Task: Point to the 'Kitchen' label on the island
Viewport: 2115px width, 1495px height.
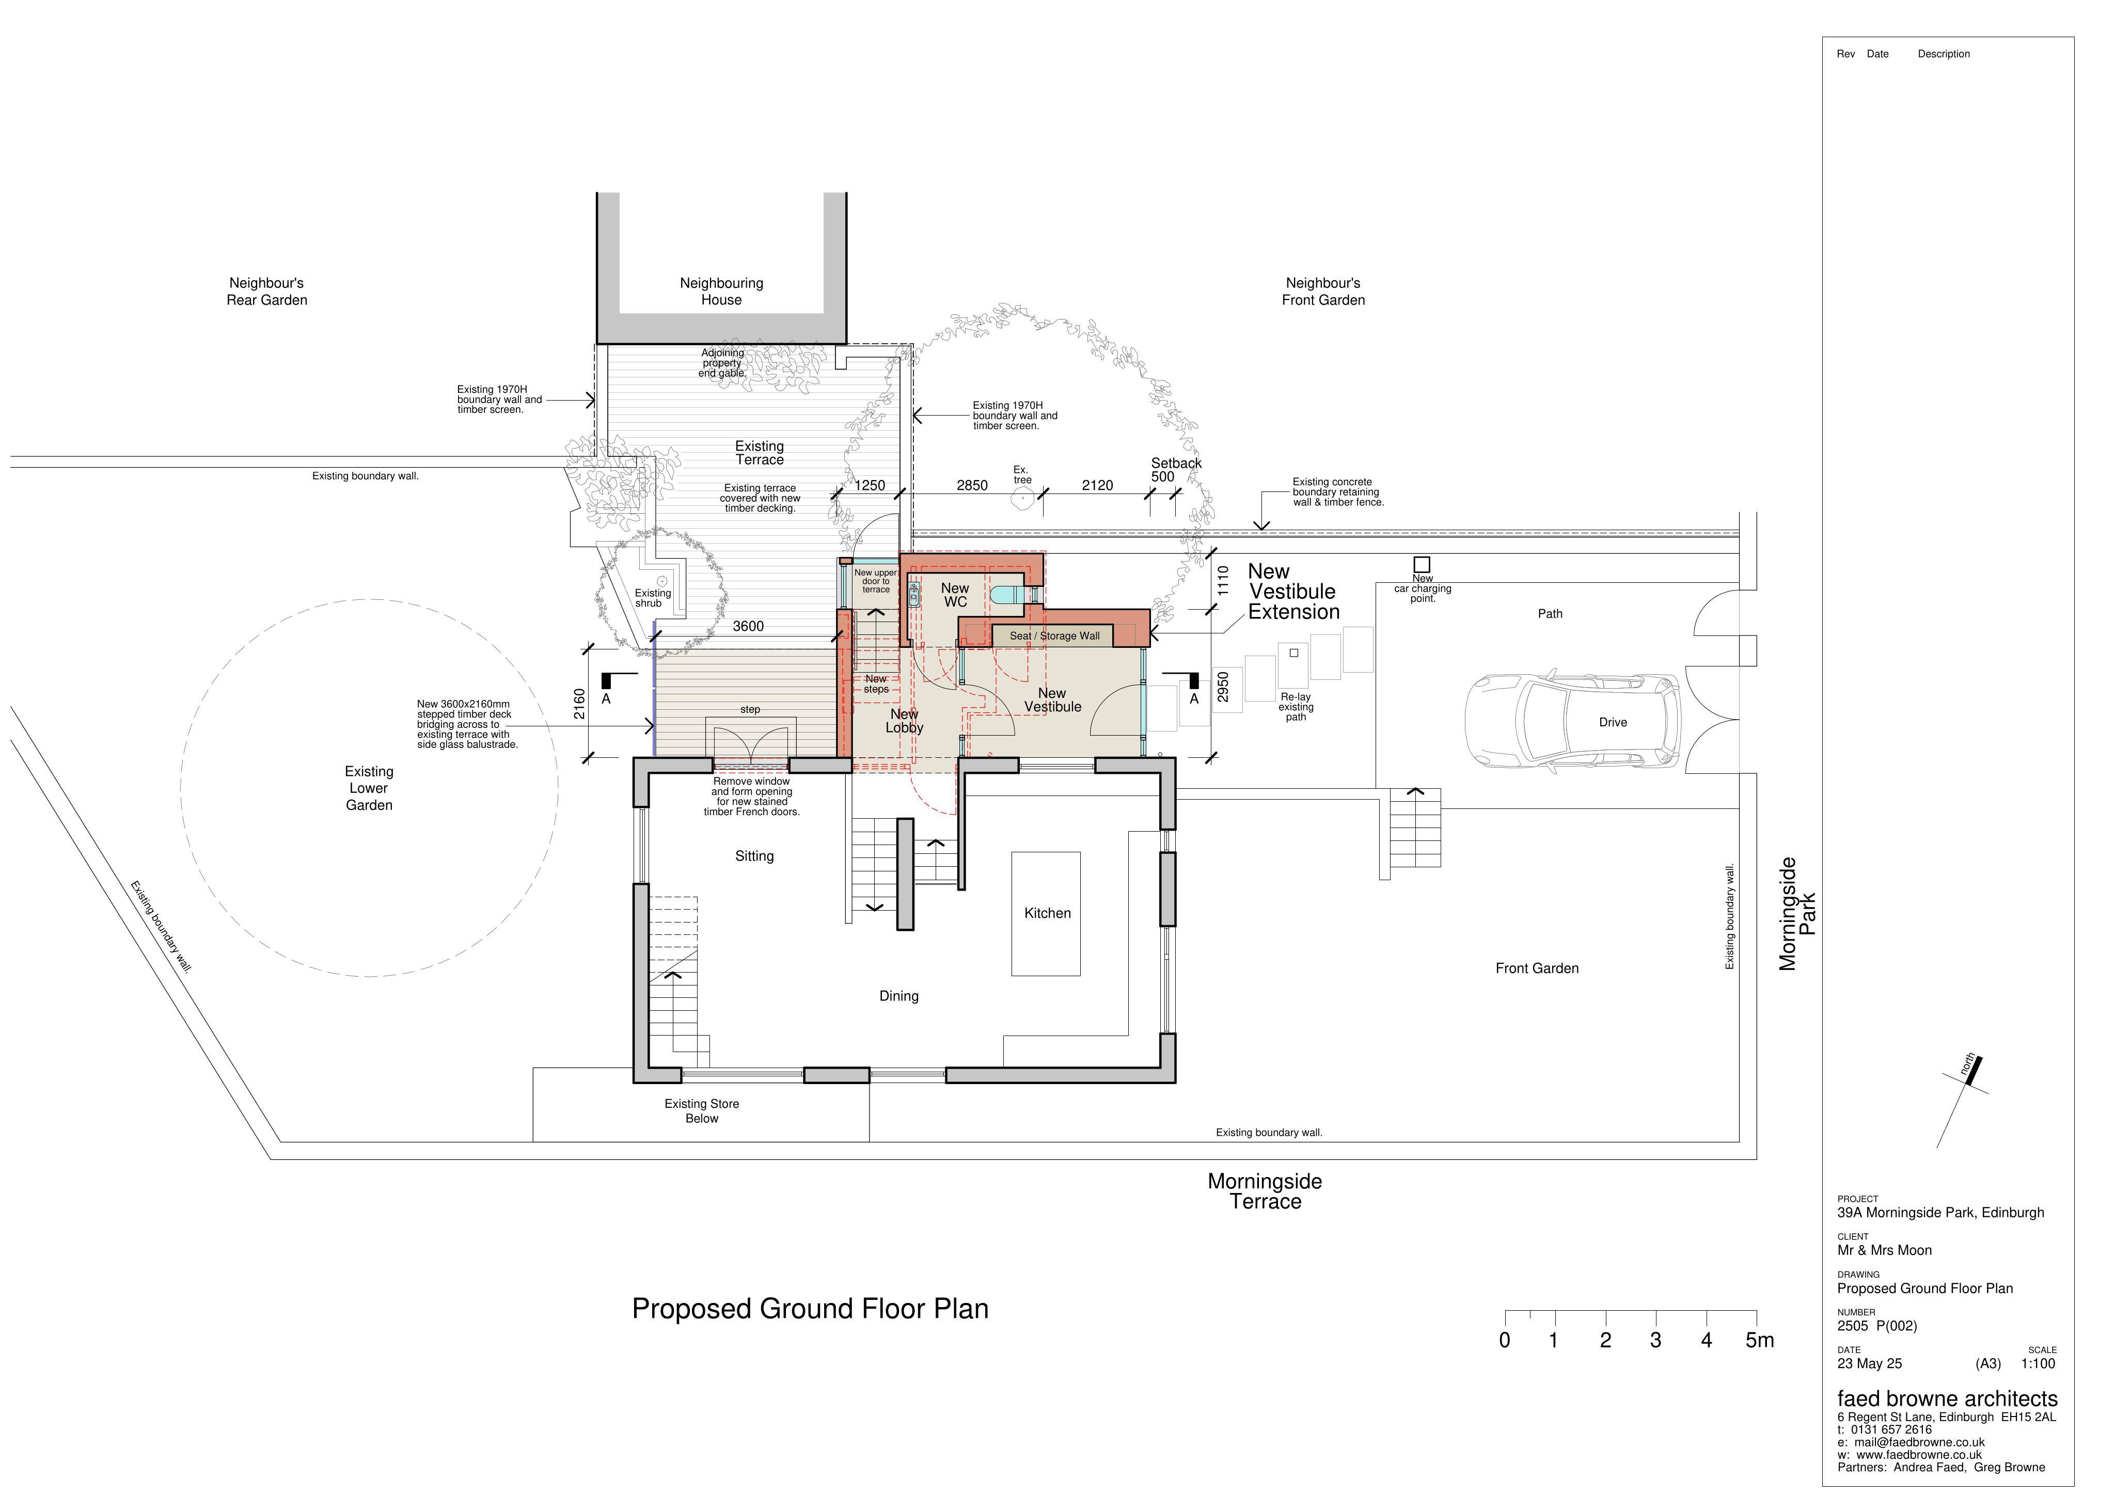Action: point(1047,913)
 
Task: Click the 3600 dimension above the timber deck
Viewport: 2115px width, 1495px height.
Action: point(748,626)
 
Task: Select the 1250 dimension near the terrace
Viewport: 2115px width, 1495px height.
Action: point(870,485)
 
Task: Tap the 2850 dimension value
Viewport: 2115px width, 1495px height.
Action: point(972,485)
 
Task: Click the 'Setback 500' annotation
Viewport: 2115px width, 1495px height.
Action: point(1175,470)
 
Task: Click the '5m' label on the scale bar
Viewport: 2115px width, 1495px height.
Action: point(1759,1340)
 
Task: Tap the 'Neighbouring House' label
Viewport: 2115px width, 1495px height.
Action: point(721,291)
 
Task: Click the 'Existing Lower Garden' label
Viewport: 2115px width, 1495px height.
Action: point(369,788)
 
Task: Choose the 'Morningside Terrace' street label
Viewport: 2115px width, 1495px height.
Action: point(1265,1191)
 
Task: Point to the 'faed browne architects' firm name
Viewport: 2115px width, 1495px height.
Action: point(1947,1398)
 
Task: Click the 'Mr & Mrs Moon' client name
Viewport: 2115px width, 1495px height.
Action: point(1884,1250)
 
